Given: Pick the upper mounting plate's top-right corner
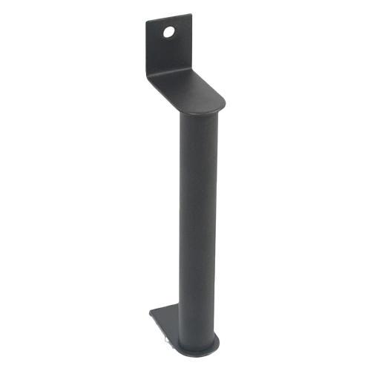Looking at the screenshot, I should (191, 14).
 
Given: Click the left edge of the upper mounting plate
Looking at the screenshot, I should (147, 48).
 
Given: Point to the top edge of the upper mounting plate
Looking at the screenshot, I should (169, 19).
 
